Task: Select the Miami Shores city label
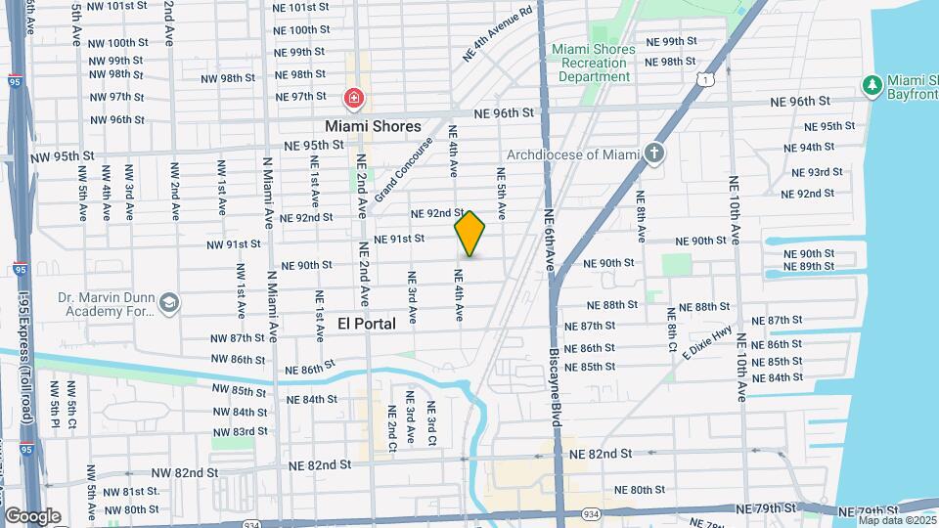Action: [373, 126]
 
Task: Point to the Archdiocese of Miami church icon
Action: [654, 154]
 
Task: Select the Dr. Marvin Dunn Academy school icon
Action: [169, 303]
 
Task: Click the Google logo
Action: [32, 516]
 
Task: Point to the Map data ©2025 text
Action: [897, 520]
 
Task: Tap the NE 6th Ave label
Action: [550, 240]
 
